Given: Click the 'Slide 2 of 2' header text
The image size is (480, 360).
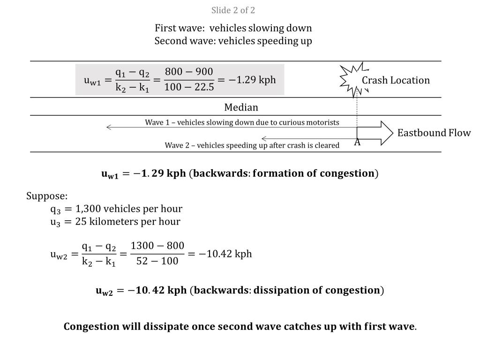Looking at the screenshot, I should (x=233, y=10).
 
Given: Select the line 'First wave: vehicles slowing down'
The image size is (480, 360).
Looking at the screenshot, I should (x=233, y=28).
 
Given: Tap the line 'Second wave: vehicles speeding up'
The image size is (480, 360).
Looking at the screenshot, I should (x=233, y=41).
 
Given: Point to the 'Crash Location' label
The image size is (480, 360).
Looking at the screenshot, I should (x=395, y=80).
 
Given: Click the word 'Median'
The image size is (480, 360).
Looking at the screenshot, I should (x=241, y=107).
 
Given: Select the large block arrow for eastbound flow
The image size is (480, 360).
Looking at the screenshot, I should (x=375, y=133).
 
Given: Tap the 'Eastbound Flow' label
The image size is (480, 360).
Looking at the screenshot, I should (x=434, y=133).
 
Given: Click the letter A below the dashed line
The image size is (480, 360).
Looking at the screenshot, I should (x=357, y=142).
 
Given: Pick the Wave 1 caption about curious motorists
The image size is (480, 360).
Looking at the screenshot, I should (x=242, y=122).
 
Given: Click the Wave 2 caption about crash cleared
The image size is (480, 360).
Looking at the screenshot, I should (x=252, y=145).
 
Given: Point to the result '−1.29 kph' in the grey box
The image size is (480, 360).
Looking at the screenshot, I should (x=252, y=80).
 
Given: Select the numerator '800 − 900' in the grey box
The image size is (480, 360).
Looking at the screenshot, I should (x=189, y=72).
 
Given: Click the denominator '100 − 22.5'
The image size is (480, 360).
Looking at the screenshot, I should (x=189, y=88).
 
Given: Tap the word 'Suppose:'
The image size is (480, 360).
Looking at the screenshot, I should (x=47, y=195).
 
